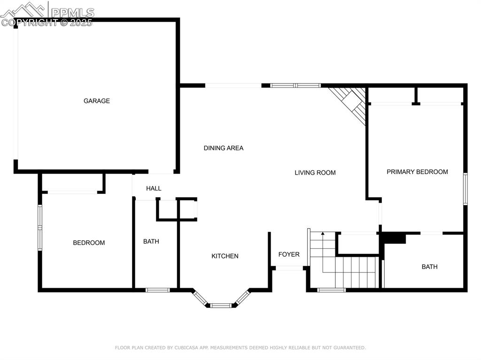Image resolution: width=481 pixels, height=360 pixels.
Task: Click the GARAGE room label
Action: coord(97,101)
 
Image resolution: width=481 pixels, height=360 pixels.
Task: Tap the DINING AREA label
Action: coord(224,148)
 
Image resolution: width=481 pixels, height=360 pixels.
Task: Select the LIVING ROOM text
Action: coord(315,173)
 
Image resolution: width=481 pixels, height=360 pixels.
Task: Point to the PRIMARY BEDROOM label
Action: coord(417,172)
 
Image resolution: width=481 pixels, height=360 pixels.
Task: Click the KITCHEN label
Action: coord(225,256)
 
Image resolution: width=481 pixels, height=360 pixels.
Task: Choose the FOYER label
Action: coord(289,254)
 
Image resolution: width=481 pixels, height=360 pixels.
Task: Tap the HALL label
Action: coord(154,188)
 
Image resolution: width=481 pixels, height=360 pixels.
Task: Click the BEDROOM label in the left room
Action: coord(89,243)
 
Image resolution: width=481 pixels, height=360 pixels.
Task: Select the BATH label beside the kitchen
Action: coord(151,241)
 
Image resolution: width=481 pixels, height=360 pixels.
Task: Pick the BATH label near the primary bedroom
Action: coord(429,267)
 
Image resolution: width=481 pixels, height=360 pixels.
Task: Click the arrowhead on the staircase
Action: coord(323,233)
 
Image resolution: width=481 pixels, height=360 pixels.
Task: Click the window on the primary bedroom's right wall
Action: coord(465,189)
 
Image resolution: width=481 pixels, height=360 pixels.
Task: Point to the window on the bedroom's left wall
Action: coord(40,227)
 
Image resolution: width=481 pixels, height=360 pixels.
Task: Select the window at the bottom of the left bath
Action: coord(157,290)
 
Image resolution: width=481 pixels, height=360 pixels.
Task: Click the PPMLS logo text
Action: coord(72,12)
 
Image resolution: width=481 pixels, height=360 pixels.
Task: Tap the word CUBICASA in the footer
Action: coord(192,348)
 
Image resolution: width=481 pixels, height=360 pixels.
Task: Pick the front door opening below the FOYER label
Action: coord(289,268)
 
